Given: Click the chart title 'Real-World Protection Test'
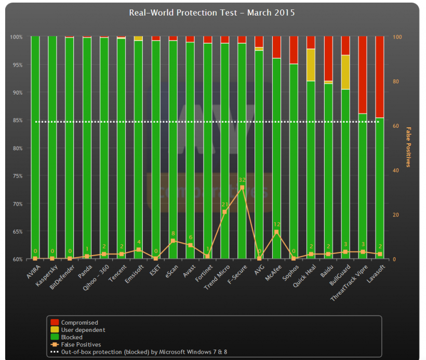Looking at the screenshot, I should pos(211,12).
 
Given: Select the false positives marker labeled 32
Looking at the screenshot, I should pos(242,187).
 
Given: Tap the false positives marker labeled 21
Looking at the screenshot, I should pos(224,212).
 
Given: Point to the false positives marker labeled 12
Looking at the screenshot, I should pos(276,232).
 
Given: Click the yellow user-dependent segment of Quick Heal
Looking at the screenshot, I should pos(311,65).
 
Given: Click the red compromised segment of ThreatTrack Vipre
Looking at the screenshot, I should pos(363,75).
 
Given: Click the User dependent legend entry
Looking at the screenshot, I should pos(83,330).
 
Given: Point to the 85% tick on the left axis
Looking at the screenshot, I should pos(17,121).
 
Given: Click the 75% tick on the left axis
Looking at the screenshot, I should pos(17,176).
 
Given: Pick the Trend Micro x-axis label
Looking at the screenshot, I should pos(218,276).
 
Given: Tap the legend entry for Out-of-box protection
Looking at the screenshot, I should pos(144,352).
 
